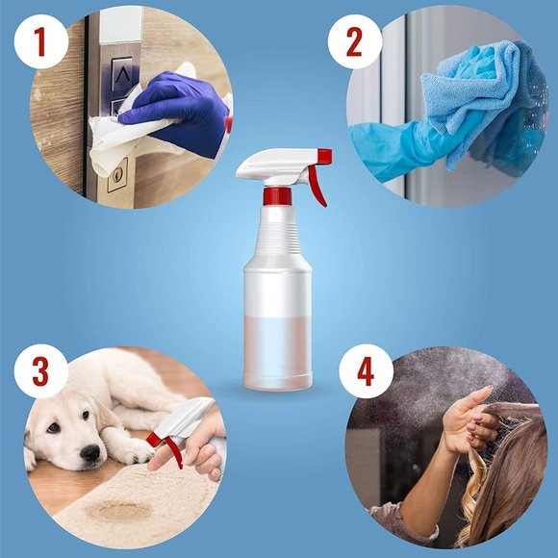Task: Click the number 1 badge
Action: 38,40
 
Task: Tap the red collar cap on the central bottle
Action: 278,196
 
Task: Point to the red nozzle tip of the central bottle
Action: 325,156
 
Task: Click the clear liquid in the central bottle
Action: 278,350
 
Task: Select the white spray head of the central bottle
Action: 272,165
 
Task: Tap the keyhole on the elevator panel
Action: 117,175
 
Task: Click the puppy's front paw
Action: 136,449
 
